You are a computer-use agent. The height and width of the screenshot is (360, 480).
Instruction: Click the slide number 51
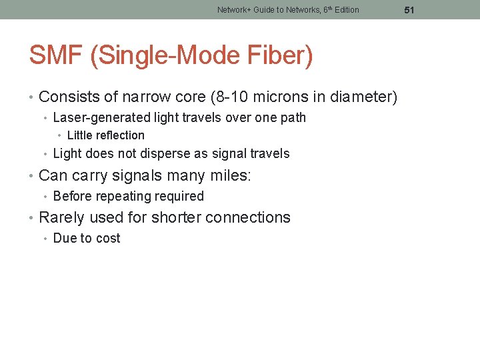(x=409, y=10)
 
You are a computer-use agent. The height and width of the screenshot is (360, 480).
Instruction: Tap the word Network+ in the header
(x=234, y=10)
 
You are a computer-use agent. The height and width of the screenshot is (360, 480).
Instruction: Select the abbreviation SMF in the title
(x=55, y=55)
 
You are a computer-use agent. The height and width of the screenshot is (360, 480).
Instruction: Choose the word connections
(x=248, y=218)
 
